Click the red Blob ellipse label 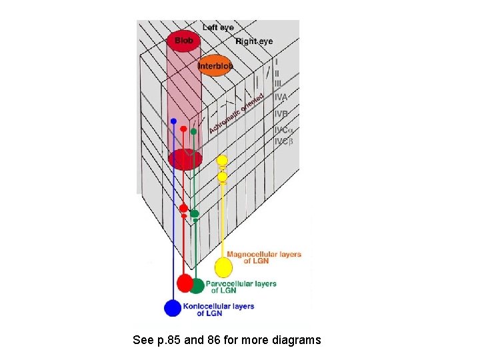tap(184, 41)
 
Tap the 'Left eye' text tap(218, 27)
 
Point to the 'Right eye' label tap(254, 41)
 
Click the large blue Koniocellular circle tap(173, 308)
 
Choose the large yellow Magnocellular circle tap(223, 267)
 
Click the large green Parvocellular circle tap(196, 286)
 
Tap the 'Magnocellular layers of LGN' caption tap(264, 257)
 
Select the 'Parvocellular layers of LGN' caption tap(241, 287)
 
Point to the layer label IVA tap(281, 97)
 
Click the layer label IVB tap(281, 114)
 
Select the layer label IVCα tap(284, 130)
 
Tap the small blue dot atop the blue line tap(173, 121)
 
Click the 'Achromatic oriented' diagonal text tap(236, 113)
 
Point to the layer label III tap(277, 83)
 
